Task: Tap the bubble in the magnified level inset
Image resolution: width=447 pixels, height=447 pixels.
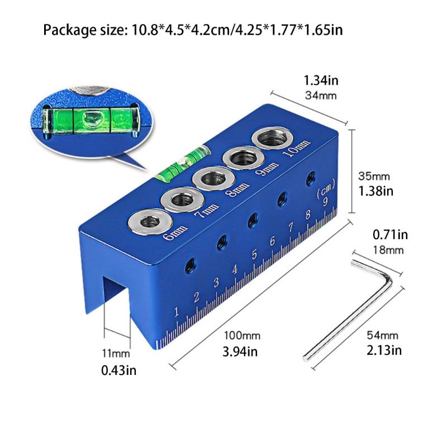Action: [89, 118]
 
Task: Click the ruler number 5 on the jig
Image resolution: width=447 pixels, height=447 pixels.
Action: [254, 255]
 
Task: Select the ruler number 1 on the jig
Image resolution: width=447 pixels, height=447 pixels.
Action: [177, 311]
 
